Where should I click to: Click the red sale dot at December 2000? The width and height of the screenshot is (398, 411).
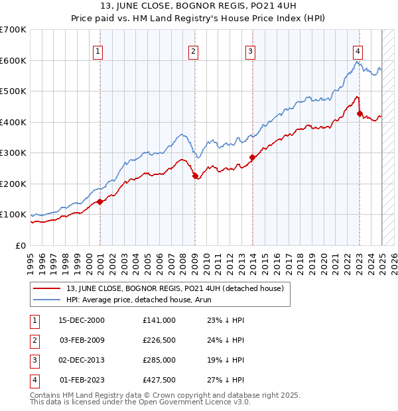(99, 202)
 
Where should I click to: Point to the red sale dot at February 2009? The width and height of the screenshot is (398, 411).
(195, 176)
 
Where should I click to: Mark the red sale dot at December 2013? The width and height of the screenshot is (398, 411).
(252, 158)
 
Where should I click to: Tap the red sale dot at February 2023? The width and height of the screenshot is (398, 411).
(360, 114)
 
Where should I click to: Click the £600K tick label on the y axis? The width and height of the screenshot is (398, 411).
(13, 60)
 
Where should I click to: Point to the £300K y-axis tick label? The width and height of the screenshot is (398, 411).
(13, 153)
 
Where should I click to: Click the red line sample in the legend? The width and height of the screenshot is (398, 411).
(46, 288)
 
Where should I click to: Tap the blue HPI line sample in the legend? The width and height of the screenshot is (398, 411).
(46, 299)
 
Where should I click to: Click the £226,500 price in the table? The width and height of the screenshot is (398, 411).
(159, 341)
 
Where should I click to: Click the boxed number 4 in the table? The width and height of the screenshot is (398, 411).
(34, 381)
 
